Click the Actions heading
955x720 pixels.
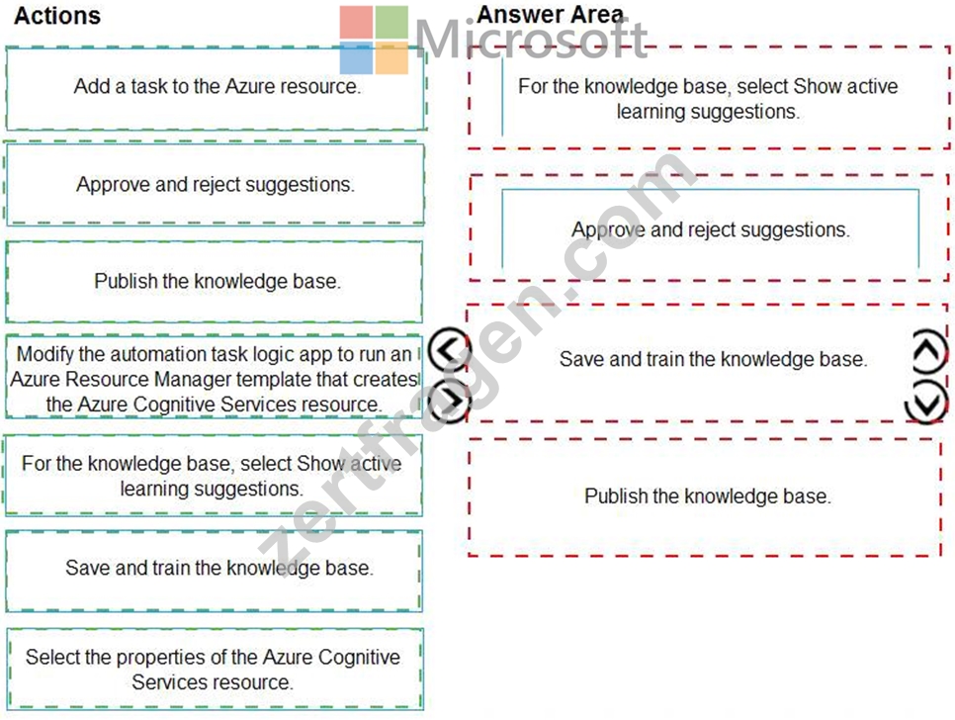click(57, 16)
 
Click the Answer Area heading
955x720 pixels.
click(550, 15)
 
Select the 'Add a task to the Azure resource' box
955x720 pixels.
click(217, 88)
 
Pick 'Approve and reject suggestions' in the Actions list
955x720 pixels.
click(215, 184)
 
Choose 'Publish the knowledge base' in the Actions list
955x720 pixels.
click(215, 282)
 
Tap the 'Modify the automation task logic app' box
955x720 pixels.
click(214, 378)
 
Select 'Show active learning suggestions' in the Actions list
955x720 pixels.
click(214, 476)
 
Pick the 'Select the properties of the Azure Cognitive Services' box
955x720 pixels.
click(215, 670)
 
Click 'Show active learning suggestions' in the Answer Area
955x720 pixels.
click(708, 98)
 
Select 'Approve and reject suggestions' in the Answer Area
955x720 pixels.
click(710, 229)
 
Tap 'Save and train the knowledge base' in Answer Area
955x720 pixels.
click(708, 359)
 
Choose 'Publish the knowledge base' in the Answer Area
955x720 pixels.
click(706, 496)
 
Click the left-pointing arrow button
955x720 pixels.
click(450, 350)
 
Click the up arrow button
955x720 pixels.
click(927, 351)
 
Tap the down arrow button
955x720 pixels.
click(926, 402)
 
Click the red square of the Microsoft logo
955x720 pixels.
click(356, 23)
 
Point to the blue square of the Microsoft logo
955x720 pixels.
click(356, 58)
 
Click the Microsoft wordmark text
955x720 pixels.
click(531, 39)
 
